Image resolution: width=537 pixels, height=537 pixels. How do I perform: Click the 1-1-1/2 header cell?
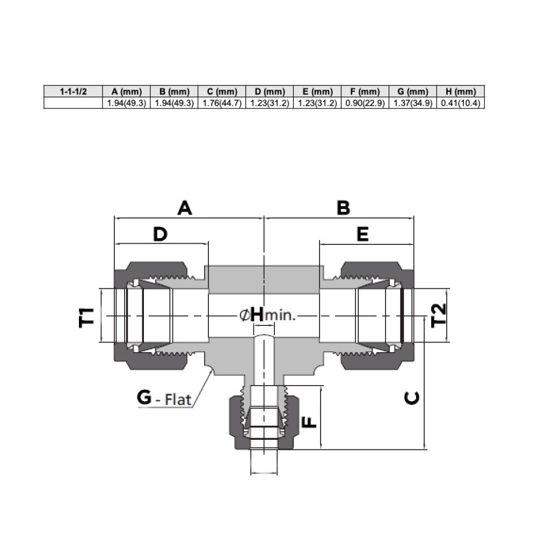[72, 91]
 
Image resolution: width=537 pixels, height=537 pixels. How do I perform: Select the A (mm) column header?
[126, 91]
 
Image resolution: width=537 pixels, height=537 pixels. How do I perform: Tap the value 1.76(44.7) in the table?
[221, 103]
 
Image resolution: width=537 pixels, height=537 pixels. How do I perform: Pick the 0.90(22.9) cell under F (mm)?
[365, 103]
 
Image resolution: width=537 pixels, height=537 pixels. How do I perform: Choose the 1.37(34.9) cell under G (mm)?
[412, 103]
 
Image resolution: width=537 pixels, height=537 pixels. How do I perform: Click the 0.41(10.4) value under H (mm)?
[460, 103]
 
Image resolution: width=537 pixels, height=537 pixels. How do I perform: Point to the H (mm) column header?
[460, 91]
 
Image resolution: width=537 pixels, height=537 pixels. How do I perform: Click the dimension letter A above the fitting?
[185, 208]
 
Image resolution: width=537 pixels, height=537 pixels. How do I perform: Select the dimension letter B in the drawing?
[343, 208]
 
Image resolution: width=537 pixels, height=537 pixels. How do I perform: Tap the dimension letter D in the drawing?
[160, 234]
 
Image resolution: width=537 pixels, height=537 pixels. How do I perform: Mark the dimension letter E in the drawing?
[363, 234]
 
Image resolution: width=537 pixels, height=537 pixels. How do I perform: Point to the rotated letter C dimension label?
[411, 397]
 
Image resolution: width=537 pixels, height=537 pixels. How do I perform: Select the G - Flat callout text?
[164, 398]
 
